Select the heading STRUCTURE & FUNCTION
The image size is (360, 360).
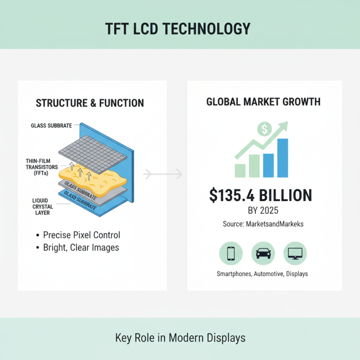pos(90,103)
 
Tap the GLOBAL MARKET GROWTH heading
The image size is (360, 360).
pos(263,102)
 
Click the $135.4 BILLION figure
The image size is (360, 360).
pos(261,195)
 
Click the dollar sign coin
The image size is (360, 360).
pos(265,130)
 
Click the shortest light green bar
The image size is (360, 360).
pos(240,170)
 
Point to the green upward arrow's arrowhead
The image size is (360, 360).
pos(284,125)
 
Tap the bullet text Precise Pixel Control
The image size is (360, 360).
pos(81,235)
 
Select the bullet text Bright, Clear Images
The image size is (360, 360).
pos(81,247)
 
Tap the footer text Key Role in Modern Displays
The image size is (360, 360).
pos(180,338)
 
